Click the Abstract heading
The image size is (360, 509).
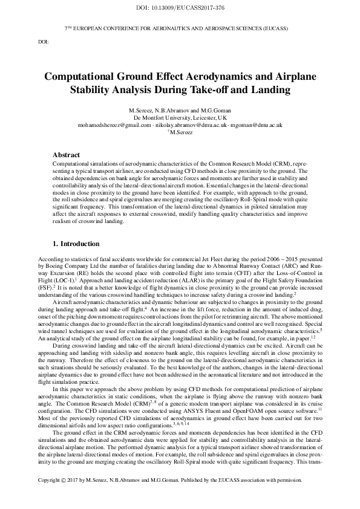pyautogui.click(x=66, y=155)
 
